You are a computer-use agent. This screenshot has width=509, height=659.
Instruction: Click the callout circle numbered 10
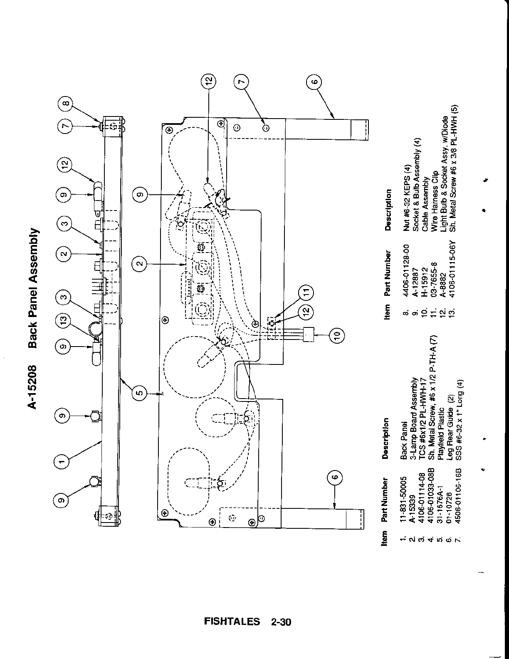pyautogui.click(x=336, y=333)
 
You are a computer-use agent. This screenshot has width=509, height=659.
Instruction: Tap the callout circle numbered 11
pyautogui.click(x=306, y=292)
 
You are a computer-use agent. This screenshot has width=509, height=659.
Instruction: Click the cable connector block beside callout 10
pyautogui.click(x=308, y=333)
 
